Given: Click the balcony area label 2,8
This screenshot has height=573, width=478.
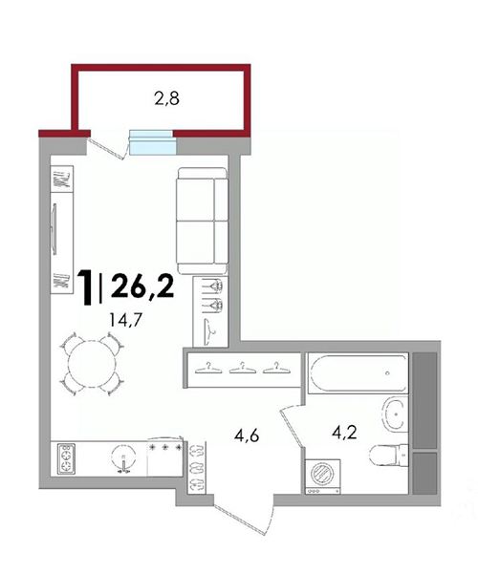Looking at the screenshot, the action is click(x=166, y=98).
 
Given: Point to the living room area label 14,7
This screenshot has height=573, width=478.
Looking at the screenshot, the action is click(x=125, y=320).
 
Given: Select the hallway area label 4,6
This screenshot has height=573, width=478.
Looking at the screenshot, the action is click(x=247, y=435).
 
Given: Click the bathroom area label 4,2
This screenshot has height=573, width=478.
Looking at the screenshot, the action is click(x=344, y=433).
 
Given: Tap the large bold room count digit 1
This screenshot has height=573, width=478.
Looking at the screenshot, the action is click(x=86, y=286).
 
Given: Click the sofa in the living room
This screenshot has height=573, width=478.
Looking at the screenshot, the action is click(x=203, y=221).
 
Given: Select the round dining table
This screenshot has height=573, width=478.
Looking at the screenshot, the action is click(x=92, y=364).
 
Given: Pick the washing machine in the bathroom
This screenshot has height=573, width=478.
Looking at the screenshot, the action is click(x=323, y=477).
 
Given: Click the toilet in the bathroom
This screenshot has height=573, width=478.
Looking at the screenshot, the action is click(x=388, y=456).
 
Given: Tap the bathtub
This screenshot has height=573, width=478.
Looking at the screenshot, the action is click(x=358, y=373).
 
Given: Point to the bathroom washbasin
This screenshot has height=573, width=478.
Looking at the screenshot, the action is click(x=395, y=414).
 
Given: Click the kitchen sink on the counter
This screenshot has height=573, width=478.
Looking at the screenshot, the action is click(x=123, y=457).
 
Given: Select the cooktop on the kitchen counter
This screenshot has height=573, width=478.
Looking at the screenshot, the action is click(x=66, y=459).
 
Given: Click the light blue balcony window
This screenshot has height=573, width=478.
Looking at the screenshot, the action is click(x=152, y=142).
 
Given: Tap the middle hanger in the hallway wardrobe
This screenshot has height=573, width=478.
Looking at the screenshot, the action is click(x=242, y=369).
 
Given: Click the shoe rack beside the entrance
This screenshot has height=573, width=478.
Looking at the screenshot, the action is click(x=198, y=467).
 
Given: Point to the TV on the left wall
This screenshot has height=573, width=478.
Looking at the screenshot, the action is click(x=54, y=229).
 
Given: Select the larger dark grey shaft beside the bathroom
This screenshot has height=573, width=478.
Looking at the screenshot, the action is click(x=424, y=400).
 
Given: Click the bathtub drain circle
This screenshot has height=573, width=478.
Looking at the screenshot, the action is click(x=388, y=373).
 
